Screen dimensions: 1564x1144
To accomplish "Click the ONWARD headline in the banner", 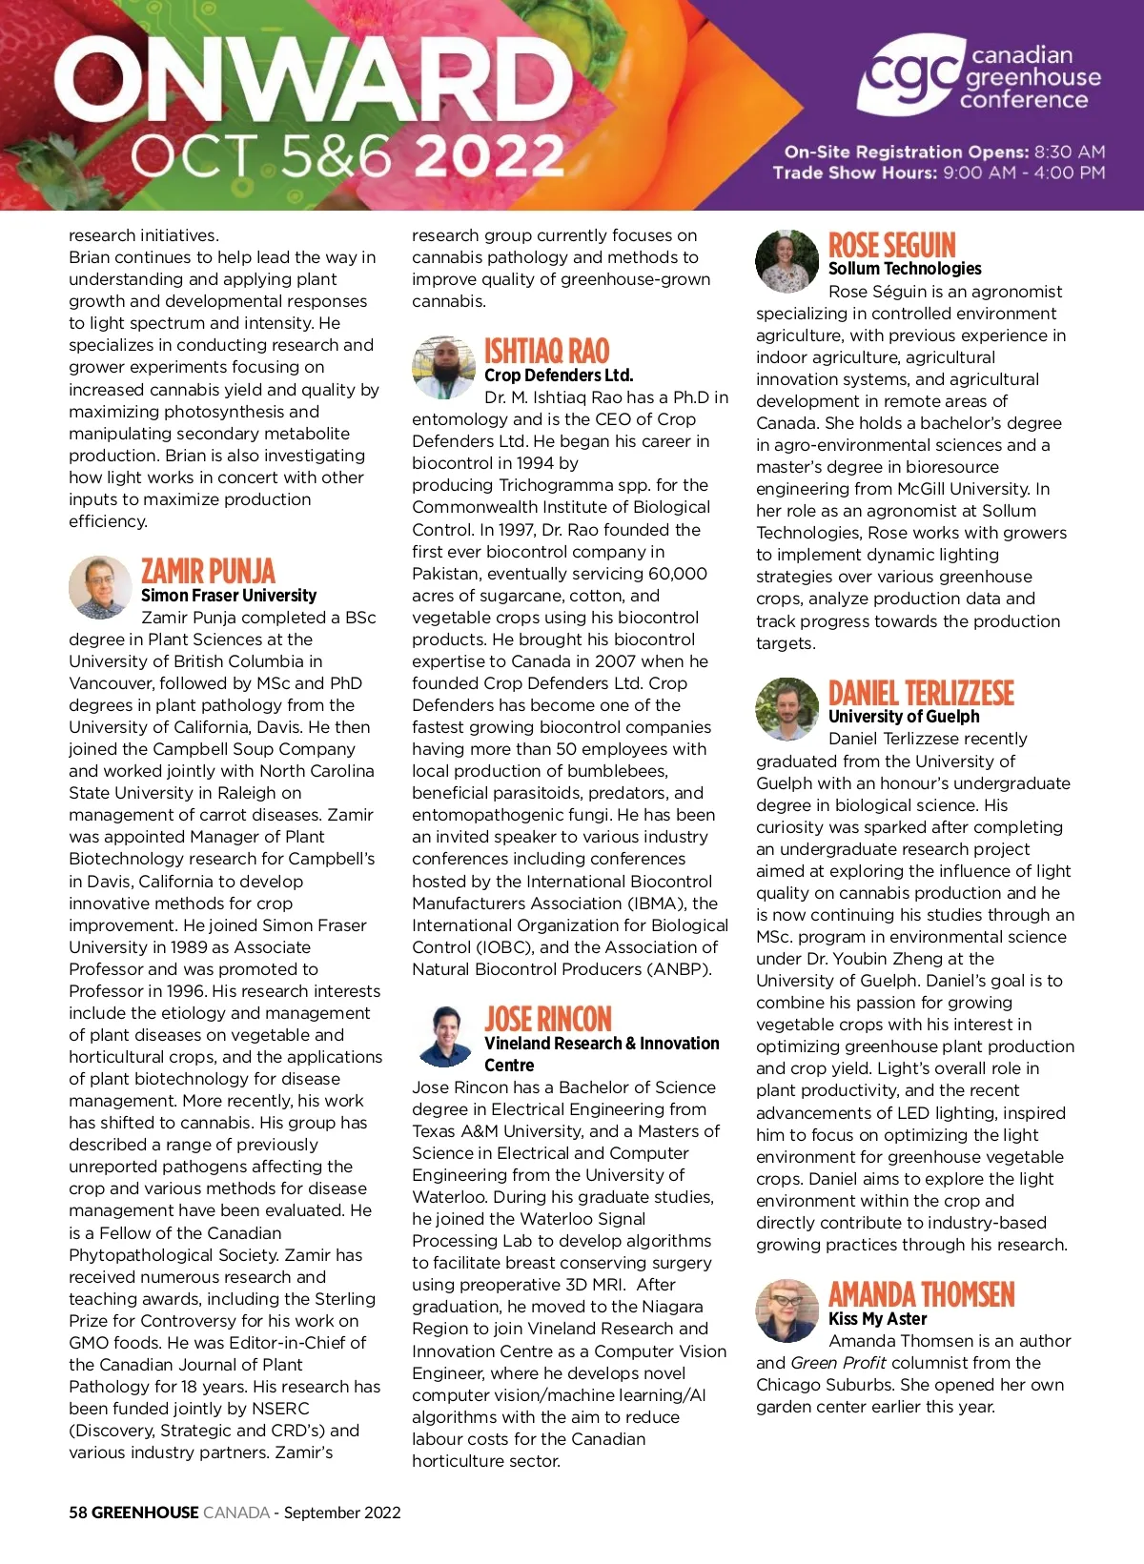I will click(313, 81).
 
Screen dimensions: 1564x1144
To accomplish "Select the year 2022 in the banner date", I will click(490, 156).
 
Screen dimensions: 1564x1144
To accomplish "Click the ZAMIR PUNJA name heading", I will click(208, 571).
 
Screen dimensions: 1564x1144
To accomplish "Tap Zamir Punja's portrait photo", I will click(100, 587).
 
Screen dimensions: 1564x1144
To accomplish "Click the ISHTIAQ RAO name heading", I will click(546, 351).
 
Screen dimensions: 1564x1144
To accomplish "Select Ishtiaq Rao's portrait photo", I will click(443, 367).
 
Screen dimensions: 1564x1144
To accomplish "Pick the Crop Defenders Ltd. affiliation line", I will click(559, 376).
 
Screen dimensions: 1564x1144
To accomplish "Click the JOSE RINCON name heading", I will click(547, 1019).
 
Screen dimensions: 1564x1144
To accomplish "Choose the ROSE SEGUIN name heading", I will click(891, 245).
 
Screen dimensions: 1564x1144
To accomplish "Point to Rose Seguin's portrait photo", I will click(786, 261).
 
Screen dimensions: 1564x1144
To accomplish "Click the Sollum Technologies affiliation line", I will click(905, 269).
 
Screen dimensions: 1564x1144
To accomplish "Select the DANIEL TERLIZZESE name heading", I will click(921, 693).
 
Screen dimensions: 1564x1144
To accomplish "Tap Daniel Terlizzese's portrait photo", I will click(786, 709).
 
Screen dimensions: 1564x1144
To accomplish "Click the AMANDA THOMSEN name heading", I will click(921, 1294).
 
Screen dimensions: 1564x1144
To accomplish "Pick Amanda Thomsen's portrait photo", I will click(786, 1310).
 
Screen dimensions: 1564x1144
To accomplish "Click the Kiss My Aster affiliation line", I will click(877, 1319).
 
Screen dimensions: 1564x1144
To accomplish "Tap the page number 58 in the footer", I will click(77, 1513).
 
